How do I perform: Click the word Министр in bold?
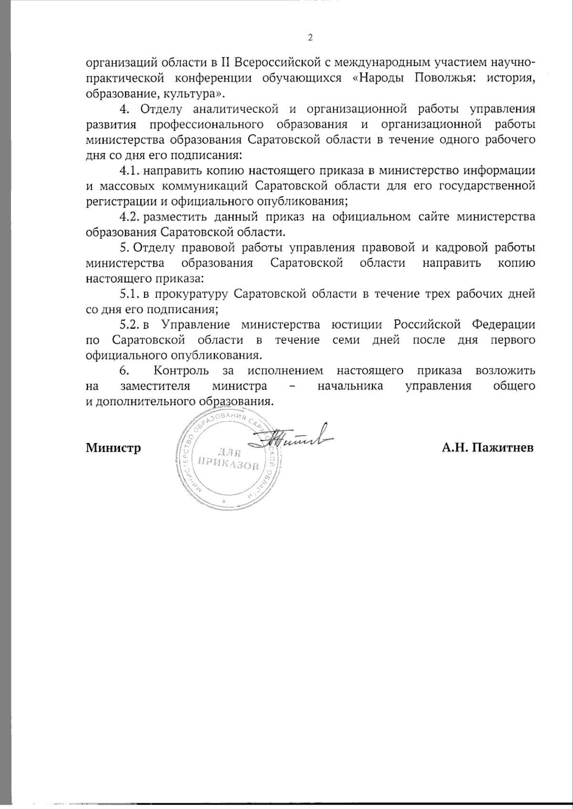pyautogui.click(x=113, y=448)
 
